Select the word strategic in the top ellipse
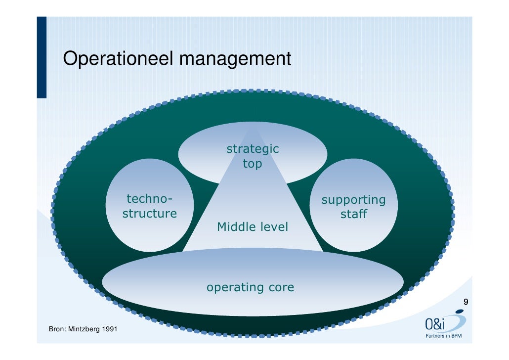point(253,149)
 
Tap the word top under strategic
point(252,164)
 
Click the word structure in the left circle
point(150,214)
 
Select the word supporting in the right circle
point(353,200)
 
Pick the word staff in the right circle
point(353,215)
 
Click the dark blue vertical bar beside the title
point(42,57)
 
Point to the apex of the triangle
point(253,127)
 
